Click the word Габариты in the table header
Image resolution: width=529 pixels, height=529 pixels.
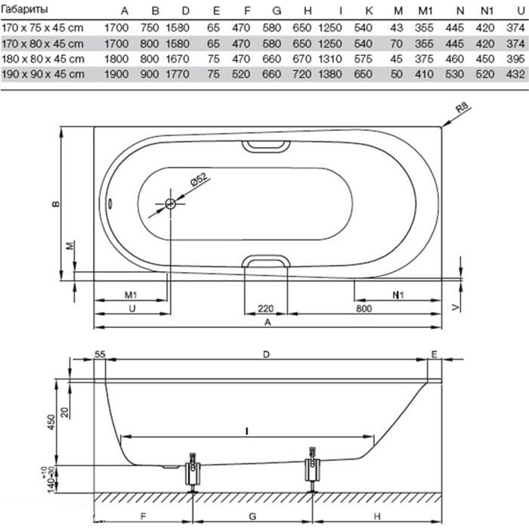pyautogui.click(x=26, y=11)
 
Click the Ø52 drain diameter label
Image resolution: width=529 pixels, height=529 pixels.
pyautogui.click(x=197, y=182)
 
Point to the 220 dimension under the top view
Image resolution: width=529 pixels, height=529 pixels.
pyautogui.click(x=265, y=308)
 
